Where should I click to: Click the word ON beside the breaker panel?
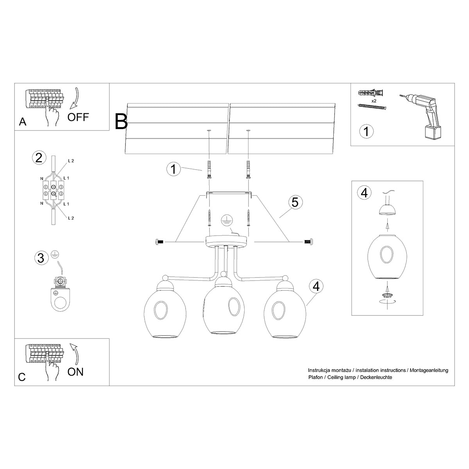(75, 371)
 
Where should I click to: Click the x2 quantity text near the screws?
(374, 101)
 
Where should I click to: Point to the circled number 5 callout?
(295, 202)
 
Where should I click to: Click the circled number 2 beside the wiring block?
(38, 158)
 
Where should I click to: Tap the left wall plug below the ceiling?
(209, 169)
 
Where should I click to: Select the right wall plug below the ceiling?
(248, 169)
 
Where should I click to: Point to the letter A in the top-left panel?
(23, 122)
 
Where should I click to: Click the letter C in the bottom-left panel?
(22, 377)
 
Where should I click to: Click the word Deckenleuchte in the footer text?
(376, 377)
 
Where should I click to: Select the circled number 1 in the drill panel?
(366, 131)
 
